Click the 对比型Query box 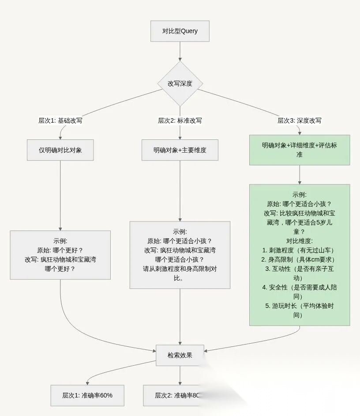point(180,31)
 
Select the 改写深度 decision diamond point(180,83)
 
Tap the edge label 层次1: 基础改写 point(60,120)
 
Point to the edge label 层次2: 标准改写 point(180,120)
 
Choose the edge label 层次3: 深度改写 point(299,120)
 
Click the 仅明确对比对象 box point(60,150)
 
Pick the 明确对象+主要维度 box point(180,150)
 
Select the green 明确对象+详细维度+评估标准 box point(299,150)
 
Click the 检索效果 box point(180,355)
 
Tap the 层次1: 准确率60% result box point(87,395)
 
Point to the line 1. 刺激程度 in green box point(299,250)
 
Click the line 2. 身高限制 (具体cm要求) point(299,259)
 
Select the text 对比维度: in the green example point(299,241)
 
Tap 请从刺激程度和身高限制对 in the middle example point(180,269)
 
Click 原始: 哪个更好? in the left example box point(60,250)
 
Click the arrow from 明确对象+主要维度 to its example point(180,190)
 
